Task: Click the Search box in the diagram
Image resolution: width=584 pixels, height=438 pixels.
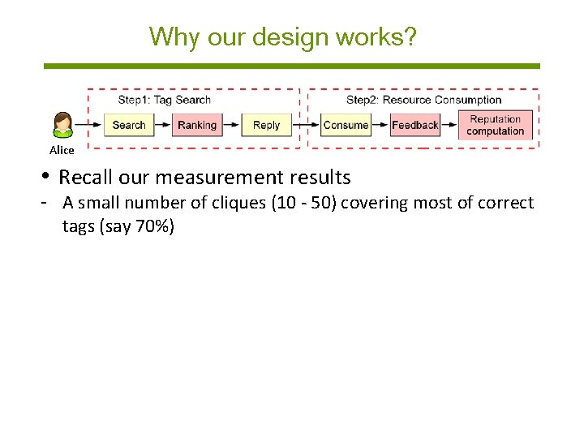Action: click(x=128, y=125)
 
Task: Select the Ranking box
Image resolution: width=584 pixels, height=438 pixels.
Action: click(x=196, y=125)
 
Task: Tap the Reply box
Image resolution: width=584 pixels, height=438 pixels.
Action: click(x=266, y=125)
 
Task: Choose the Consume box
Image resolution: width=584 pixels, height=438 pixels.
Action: click(x=346, y=125)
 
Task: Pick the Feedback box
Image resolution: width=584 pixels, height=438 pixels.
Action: click(x=414, y=125)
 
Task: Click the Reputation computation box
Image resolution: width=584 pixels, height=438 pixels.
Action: click(x=496, y=125)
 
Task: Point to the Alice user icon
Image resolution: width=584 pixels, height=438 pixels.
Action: click(x=62, y=125)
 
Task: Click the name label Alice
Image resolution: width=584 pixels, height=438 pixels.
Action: click(x=62, y=150)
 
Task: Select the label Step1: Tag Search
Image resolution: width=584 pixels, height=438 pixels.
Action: click(x=164, y=100)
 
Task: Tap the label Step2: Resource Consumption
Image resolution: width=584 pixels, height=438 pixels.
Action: click(x=423, y=100)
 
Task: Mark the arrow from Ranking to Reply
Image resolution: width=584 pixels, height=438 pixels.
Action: click(x=232, y=125)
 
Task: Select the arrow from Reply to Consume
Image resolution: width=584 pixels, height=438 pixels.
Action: click(x=305, y=125)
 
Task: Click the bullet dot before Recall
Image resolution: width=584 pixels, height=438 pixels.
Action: click(x=49, y=177)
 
